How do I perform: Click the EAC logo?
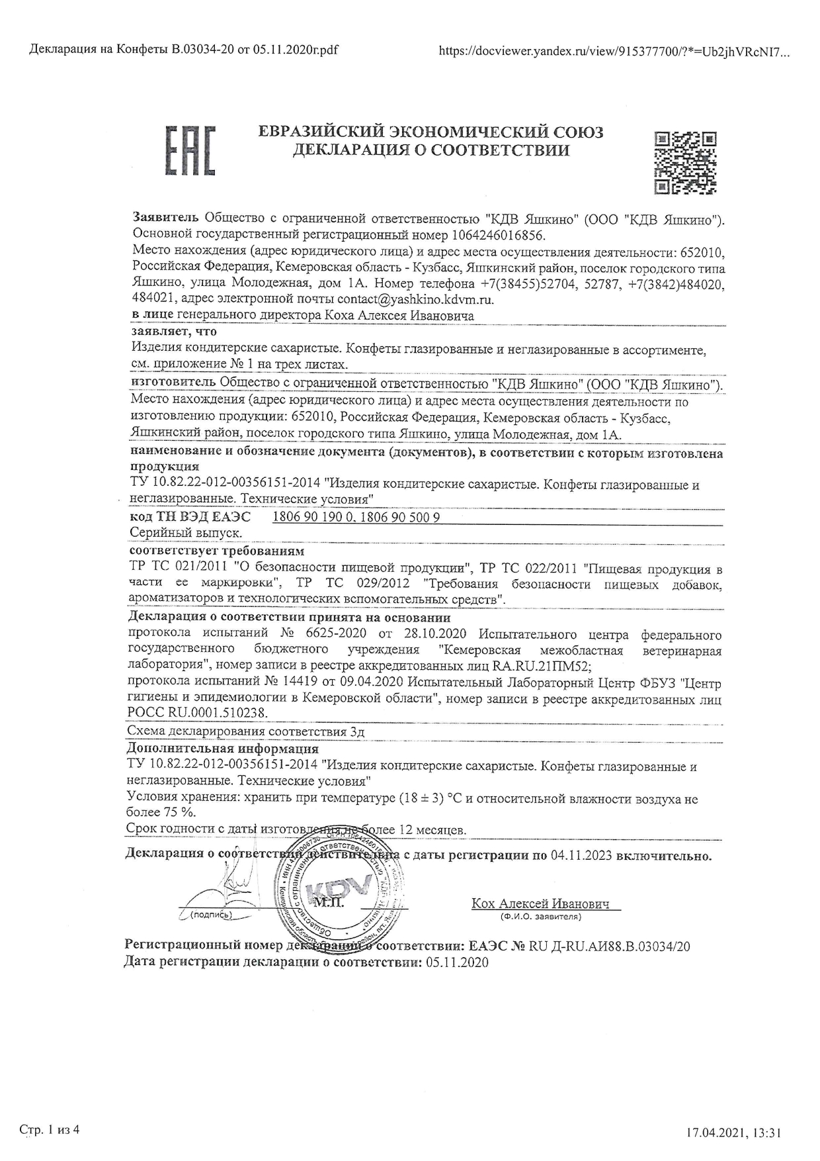point(190,150)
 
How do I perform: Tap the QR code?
point(685,163)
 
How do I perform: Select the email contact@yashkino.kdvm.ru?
point(415,299)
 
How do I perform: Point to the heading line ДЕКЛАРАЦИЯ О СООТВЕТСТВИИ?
point(431,151)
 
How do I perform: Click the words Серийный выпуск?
point(184,532)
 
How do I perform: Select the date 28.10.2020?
point(432,635)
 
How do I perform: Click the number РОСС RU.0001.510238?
point(198,713)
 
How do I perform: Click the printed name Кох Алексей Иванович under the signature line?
point(541,904)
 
